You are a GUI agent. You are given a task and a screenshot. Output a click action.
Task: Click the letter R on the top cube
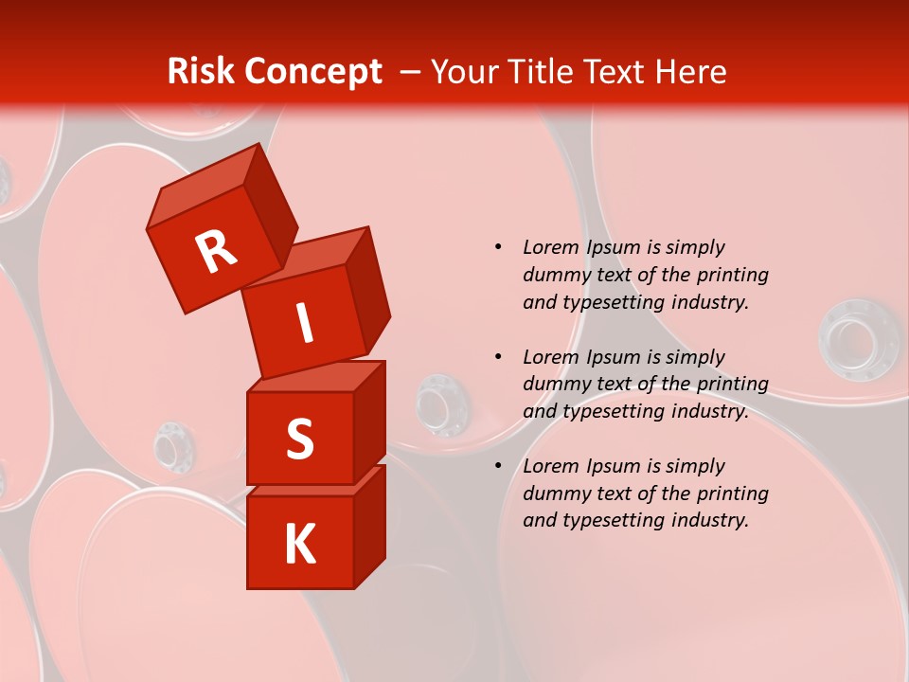click(216, 252)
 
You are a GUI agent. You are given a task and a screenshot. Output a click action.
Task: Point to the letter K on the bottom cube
click(299, 545)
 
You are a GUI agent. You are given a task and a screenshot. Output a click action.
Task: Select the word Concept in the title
click(312, 71)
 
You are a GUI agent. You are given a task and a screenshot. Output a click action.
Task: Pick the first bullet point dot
click(498, 247)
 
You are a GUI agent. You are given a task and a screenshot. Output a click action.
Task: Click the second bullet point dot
click(498, 357)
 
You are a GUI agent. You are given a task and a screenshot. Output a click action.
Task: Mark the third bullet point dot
click(498, 466)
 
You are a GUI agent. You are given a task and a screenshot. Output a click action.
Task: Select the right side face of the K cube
click(369, 526)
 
